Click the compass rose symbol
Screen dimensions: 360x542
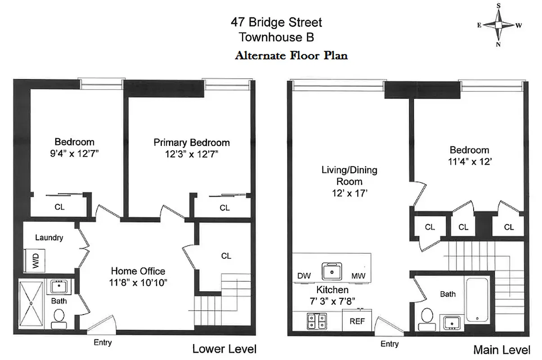click(498, 25)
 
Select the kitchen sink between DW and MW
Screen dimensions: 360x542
click(331, 271)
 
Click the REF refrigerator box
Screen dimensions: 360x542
click(357, 322)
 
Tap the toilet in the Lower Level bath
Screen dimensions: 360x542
click(58, 318)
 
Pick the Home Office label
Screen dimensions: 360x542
click(138, 271)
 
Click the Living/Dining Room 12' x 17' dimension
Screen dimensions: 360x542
click(349, 193)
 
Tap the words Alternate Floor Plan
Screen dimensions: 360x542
click(291, 56)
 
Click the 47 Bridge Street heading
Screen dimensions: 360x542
click(276, 22)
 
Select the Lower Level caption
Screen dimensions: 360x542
click(224, 349)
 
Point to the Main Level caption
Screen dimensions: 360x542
click(502, 350)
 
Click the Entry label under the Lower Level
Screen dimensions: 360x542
click(103, 342)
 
